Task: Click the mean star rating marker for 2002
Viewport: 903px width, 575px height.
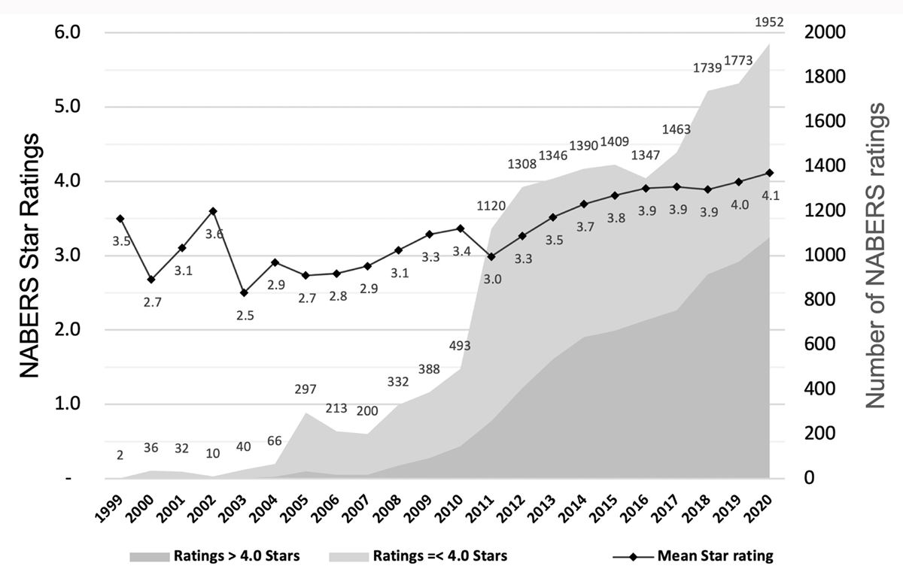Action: point(213,211)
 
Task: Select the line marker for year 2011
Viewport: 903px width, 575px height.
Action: point(491,256)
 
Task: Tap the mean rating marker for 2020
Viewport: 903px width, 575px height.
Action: point(769,173)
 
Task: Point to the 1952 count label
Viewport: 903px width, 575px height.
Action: point(769,22)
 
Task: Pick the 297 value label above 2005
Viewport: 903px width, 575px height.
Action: point(306,389)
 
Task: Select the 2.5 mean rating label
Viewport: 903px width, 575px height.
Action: point(245,316)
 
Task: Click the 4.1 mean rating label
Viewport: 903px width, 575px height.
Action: point(769,195)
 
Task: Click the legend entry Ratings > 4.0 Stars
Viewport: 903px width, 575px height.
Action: point(215,557)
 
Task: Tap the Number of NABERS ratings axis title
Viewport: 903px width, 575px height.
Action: point(874,256)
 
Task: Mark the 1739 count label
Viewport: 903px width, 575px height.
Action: point(707,68)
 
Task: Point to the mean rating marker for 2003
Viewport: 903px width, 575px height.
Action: point(244,292)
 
